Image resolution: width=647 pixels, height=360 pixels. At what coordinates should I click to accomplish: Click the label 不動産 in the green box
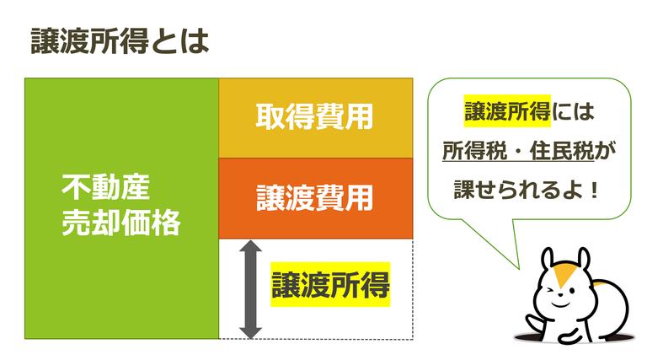tap(104, 185)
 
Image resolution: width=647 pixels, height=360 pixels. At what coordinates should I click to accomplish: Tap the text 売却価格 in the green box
tap(121, 223)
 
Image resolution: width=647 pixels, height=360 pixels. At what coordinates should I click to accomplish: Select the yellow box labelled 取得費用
tap(315, 117)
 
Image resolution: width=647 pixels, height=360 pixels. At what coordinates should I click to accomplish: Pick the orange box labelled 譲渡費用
tap(315, 198)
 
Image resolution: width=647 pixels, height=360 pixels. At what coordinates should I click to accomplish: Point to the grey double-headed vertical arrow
tap(248, 288)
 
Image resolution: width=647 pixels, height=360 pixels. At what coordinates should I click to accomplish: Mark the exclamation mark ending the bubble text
tap(593, 188)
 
